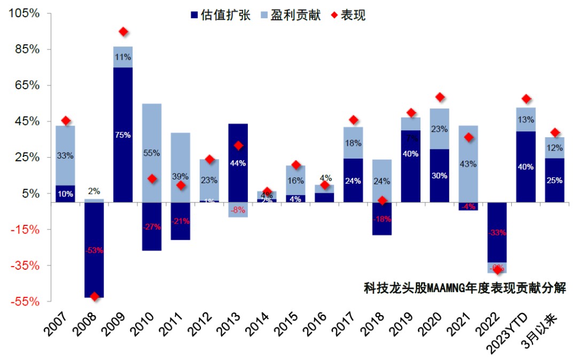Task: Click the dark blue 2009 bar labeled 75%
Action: pyautogui.click(x=123, y=135)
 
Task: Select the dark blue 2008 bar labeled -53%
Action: pyautogui.click(x=95, y=249)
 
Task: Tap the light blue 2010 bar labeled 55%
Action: pyautogui.click(x=152, y=153)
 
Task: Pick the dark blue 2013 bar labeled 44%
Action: pyautogui.click(x=238, y=163)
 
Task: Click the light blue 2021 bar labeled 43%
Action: pyautogui.click(x=468, y=164)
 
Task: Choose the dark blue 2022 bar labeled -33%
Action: pyautogui.click(x=497, y=232)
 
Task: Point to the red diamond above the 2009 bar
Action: pyautogui.click(x=123, y=32)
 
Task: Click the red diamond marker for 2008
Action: pyautogui.click(x=95, y=296)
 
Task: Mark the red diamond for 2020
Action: pyautogui.click(x=440, y=97)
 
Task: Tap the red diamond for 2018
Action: pyautogui.click(x=382, y=201)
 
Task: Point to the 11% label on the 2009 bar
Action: pyautogui.click(x=123, y=57)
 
